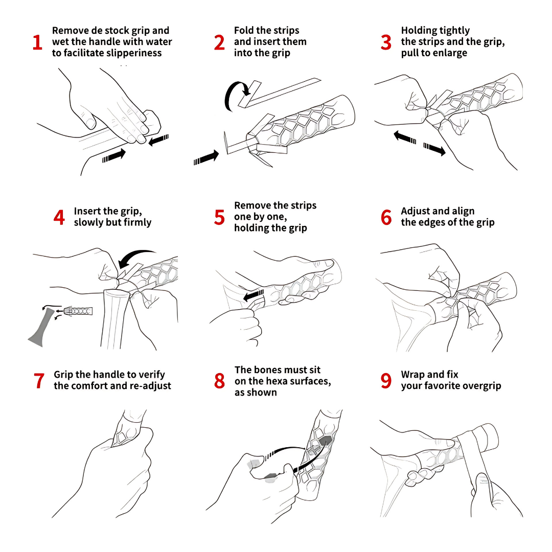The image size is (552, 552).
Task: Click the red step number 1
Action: click(37, 42)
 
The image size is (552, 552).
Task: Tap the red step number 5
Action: click(219, 217)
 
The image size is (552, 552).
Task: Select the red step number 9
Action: click(386, 381)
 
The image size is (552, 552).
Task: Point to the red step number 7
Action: click(39, 381)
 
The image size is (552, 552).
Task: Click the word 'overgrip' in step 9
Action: click(481, 386)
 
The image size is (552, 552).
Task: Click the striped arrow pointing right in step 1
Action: click(113, 155)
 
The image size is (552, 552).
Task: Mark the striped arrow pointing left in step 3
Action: click(405, 137)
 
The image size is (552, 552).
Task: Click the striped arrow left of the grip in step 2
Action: click(206, 157)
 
